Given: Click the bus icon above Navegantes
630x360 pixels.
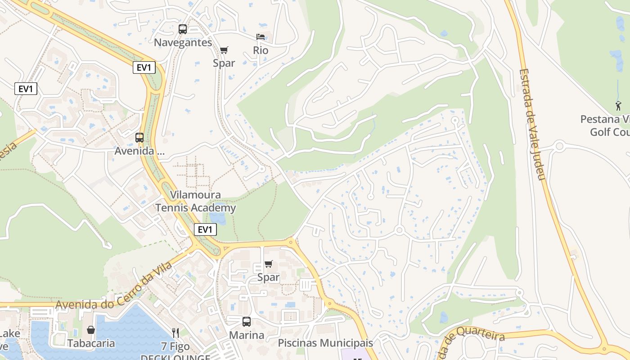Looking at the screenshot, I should click(182, 29).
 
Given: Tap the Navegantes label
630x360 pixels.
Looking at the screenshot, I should click(183, 42).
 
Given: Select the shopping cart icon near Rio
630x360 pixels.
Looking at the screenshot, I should click(224, 50).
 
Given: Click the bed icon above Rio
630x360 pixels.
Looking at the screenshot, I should click(261, 37).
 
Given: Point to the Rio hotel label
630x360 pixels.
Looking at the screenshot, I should click(261, 50).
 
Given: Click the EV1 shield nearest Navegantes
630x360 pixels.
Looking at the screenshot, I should click(144, 67).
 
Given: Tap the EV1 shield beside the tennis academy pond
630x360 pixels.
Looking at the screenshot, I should click(205, 229).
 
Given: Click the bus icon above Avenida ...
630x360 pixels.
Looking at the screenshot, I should click(139, 138).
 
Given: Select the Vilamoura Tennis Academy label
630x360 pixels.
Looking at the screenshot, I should click(196, 201).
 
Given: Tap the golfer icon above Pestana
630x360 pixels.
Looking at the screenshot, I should click(618, 106).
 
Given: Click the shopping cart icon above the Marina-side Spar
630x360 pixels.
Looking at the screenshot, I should click(268, 264).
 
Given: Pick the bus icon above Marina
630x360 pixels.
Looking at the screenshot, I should click(246, 322).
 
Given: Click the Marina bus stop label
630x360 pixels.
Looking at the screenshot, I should click(247, 335).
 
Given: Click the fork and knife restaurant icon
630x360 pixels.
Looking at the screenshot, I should click(175, 333).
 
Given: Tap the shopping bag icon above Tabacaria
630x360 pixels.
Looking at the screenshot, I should click(91, 330).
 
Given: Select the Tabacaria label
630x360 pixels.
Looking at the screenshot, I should click(91, 343).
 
